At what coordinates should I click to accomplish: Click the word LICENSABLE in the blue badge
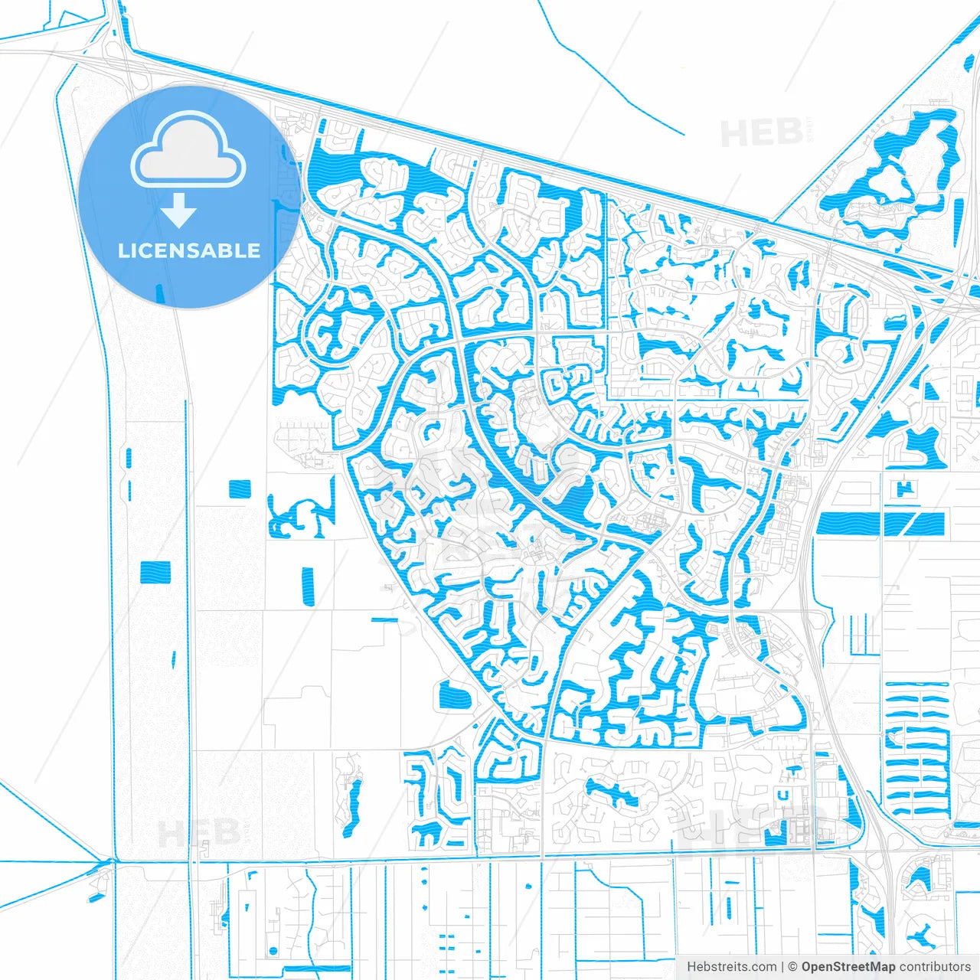tap(189, 251)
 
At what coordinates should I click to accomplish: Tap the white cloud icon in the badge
tap(188, 152)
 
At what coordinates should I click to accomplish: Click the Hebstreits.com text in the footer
tap(731, 967)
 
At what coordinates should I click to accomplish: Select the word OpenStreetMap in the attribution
tap(848, 967)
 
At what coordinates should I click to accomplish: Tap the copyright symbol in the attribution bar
tap(792, 967)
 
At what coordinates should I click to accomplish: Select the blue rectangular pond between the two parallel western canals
tap(155, 572)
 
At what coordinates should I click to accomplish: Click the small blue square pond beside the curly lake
tap(240, 488)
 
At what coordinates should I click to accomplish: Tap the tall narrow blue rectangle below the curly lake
tap(308, 587)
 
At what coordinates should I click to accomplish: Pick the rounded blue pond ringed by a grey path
tap(453, 697)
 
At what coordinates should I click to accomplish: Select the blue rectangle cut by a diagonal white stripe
tap(914, 524)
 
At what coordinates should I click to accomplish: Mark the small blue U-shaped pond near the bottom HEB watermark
tap(783, 795)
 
